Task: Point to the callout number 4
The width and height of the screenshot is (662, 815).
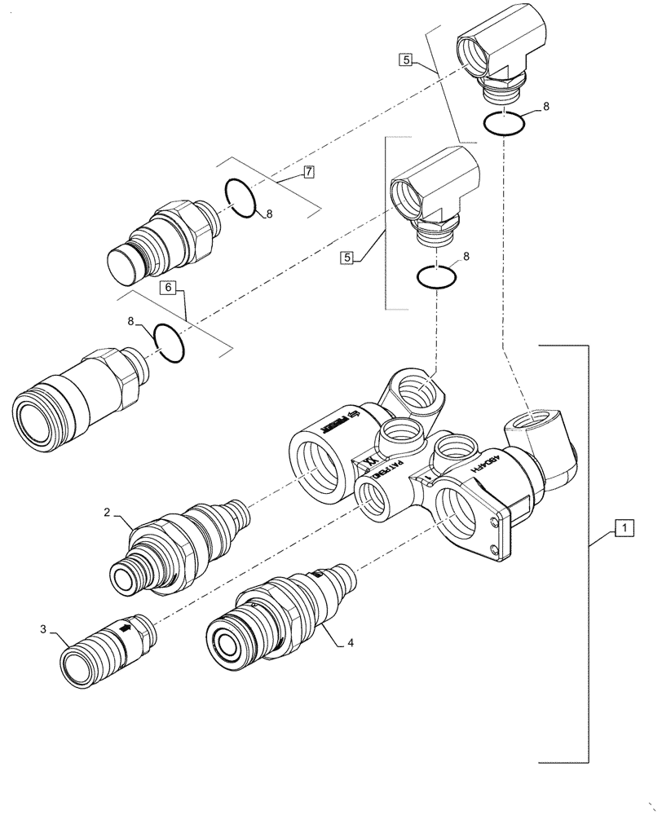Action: [351, 642]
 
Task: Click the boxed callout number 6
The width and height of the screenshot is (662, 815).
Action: [168, 288]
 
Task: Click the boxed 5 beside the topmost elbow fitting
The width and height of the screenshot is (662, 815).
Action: [406, 59]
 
